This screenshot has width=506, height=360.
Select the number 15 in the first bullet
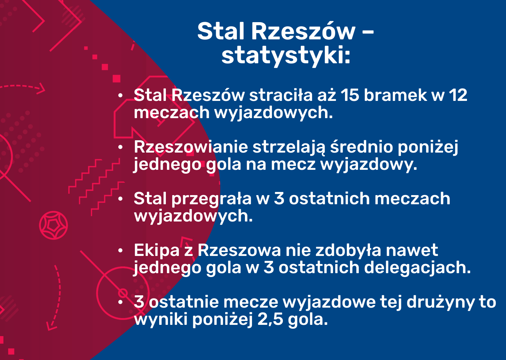point(350,95)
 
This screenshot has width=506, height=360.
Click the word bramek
point(395,95)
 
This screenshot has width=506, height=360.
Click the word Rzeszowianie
point(191,147)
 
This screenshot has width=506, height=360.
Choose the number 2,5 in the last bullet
point(270,320)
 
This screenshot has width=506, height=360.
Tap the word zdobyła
point(348,250)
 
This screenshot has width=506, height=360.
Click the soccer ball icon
point(53,225)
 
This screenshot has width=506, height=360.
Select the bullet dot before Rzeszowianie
point(121,147)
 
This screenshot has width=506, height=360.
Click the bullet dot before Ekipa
point(121,250)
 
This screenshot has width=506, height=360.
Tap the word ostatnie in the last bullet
point(184,302)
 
